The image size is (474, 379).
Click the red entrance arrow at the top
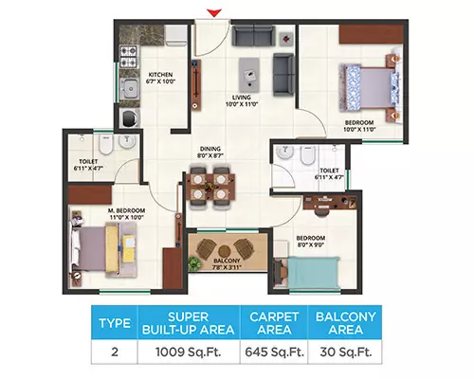pos(214,13)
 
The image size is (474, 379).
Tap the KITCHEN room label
pos(160,75)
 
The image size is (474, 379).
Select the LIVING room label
pos(242,98)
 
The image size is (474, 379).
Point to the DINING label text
pos(210,149)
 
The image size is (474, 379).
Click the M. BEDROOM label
pos(126,210)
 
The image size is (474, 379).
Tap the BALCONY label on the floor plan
pos(227,261)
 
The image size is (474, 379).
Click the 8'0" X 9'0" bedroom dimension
pos(311,244)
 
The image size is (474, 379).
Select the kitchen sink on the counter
pos(129,88)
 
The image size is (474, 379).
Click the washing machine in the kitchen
pos(130,117)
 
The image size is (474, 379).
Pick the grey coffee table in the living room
pos(249,75)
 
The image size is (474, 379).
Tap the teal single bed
pos(314,272)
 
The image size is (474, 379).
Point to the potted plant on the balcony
pos(193,264)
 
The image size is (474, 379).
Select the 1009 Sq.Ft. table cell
pos(189,352)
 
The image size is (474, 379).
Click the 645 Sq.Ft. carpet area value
pos(274,352)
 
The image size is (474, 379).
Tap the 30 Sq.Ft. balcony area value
pos(346,352)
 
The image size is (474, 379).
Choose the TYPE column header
pos(115,323)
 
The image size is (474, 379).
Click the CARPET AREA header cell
pos(274,323)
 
